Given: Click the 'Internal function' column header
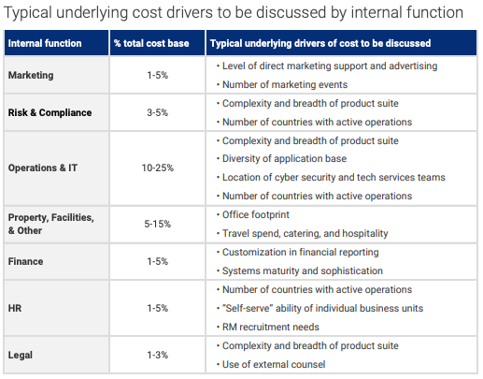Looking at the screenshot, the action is (45, 43).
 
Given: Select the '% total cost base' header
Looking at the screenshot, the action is (151, 43).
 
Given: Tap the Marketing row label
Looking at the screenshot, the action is (31, 75).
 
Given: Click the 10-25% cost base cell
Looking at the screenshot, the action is (158, 168).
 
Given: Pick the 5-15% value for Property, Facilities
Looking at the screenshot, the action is (158, 224).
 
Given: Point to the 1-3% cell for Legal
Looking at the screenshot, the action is (158, 355).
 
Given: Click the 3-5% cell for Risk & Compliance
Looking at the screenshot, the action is (158, 112).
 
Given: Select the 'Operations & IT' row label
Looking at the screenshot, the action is (43, 168).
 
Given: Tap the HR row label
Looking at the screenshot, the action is (15, 308).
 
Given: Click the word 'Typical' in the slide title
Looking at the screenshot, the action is (28, 13).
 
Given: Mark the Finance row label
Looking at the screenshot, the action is (25, 261).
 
